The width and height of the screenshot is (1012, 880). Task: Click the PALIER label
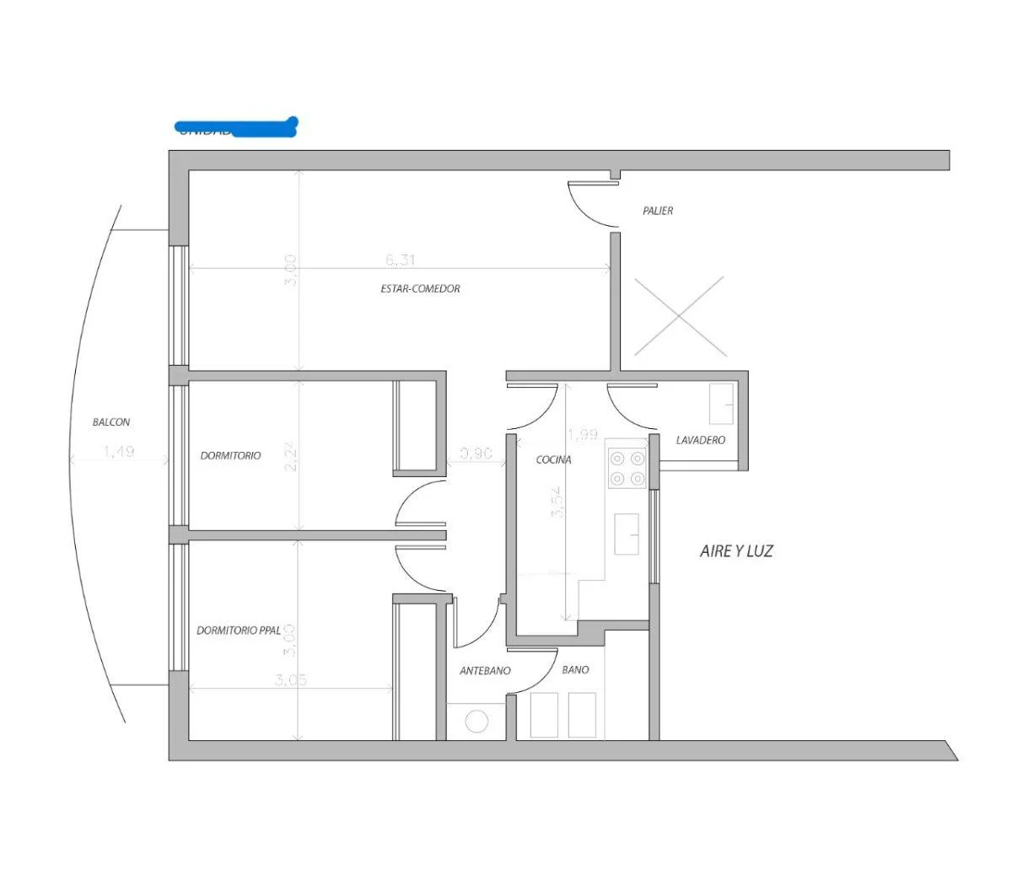coord(658,211)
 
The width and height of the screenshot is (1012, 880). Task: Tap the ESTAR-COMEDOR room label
coord(420,288)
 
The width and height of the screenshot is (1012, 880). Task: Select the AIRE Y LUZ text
coord(736,551)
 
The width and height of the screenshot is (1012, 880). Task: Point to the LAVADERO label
coord(700,440)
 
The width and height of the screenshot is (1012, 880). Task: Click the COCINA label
coord(553,460)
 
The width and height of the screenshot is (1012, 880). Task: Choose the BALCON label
coord(111,422)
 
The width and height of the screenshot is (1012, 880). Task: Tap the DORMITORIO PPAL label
coord(239,630)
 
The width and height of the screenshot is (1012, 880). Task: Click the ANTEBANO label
coord(485,672)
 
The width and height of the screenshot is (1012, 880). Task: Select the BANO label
coord(575,670)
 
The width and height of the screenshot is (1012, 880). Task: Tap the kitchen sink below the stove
coord(626,534)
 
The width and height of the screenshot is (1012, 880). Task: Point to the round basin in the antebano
coord(477,722)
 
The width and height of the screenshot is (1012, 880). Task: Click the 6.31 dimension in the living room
coord(401,260)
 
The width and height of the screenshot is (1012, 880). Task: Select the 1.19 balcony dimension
coord(119,452)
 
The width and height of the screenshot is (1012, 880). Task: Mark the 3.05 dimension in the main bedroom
coord(290,680)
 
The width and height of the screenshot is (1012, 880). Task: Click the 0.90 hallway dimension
coord(476,453)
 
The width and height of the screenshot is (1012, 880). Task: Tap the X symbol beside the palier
coord(679,316)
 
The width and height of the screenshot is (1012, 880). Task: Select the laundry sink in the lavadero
coord(720,405)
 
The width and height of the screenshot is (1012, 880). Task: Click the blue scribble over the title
coord(237,128)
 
